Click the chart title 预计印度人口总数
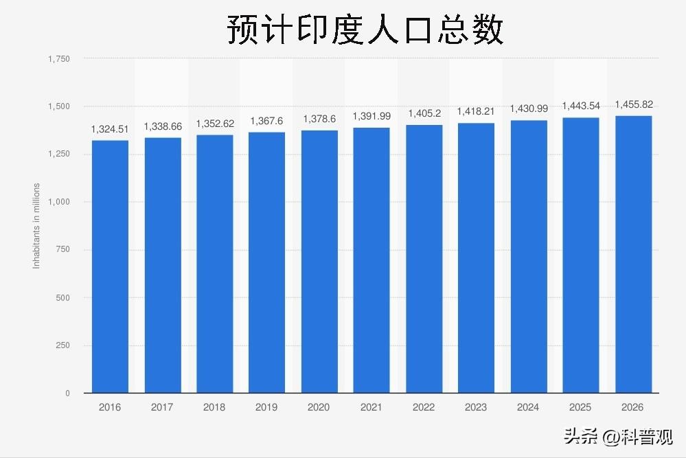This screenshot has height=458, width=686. pyautogui.click(x=365, y=30)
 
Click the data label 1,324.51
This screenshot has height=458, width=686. pyautogui.click(x=110, y=130)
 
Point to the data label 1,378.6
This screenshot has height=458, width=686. pyautogui.click(x=319, y=119)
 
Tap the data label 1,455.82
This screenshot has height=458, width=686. pyautogui.click(x=633, y=105)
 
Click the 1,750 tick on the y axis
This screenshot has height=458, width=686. pyautogui.click(x=58, y=59)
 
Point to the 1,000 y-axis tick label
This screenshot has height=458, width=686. pyautogui.click(x=58, y=202)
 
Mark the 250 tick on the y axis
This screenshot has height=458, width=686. pyautogui.click(x=62, y=345)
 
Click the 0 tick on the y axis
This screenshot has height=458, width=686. pyautogui.click(x=67, y=393)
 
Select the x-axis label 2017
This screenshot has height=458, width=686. pyautogui.click(x=162, y=407)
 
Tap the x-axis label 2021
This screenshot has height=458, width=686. pyautogui.click(x=371, y=407)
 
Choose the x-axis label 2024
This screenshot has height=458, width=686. pyautogui.click(x=529, y=407)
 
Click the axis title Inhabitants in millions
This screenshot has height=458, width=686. pyautogui.click(x=36, y=226)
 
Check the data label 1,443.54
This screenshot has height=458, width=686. pyautogui.click(x=581, y=106)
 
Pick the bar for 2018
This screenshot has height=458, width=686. pyautogui.click(x=214, y=264)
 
